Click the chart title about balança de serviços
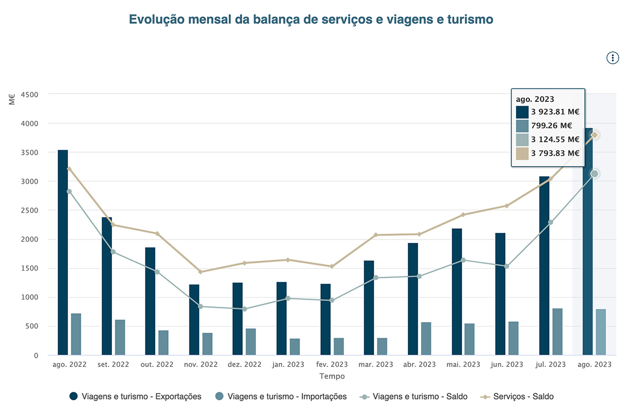(x=310, y=20)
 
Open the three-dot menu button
(x=612, y=57)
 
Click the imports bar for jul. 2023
(x=557, y=332)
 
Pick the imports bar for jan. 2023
(x=295, y=347)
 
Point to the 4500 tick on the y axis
(x=29, y=95)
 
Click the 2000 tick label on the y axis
(x=29, y=239)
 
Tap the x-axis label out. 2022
(x=157, y=364)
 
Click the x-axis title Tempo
(x=332, y=376)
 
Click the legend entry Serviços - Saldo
(x=523, y=396)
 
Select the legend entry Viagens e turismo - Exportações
(x=141, y=396)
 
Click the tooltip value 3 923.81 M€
(x=555, y=111)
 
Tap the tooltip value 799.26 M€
(x=551, y=125)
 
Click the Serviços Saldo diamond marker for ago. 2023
(x=595, y=135)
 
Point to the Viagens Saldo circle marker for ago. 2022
(x=69, y=191)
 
